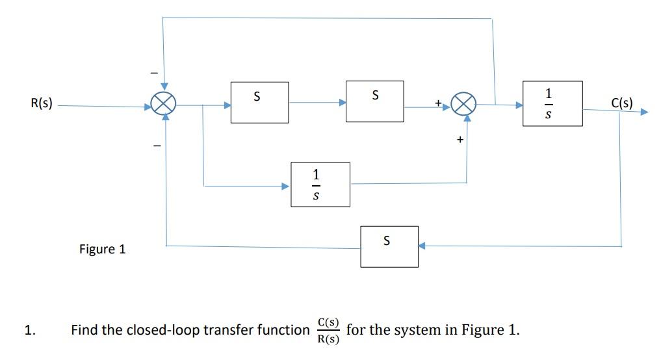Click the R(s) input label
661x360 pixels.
pos(42,103)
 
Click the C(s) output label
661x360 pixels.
pos(622,103)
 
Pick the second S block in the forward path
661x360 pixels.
pos(374,101)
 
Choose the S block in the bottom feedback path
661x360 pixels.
pos(389,246)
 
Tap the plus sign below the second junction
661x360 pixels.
pos(460,139)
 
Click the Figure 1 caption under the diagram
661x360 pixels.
pos(101,249)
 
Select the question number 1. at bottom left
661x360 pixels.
pos(29,330)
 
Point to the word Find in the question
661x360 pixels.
pos(84,330)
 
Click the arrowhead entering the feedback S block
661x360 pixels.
pos(422,246)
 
